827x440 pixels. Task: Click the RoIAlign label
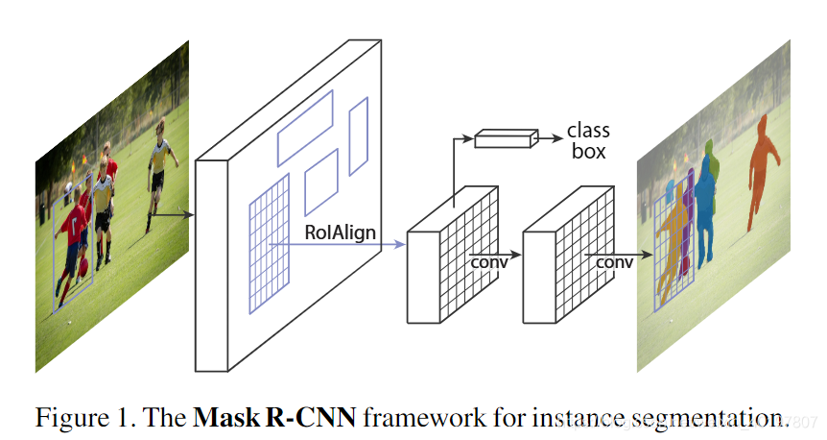341,232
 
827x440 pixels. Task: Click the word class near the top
588,131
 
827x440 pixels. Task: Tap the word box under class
588,151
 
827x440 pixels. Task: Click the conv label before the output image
614,261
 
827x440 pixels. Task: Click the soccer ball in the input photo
83,265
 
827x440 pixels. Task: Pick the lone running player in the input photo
160,177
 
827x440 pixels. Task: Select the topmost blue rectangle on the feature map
305,127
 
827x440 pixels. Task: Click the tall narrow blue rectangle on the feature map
358,135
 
